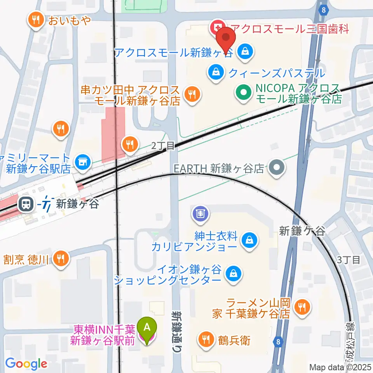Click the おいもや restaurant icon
click(x=36, y=20)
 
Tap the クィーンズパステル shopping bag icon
click(x=215, y=72)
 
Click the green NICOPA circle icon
click(x=243, y=93)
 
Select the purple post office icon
click(x=200, y=213)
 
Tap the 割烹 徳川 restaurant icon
click(x=60, y=258)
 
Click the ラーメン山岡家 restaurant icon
click(x=301, y=307)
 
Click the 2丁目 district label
click(x=160, y=146)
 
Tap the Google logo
click(x=26, y=364)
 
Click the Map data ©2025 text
click(x=340, y=367)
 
